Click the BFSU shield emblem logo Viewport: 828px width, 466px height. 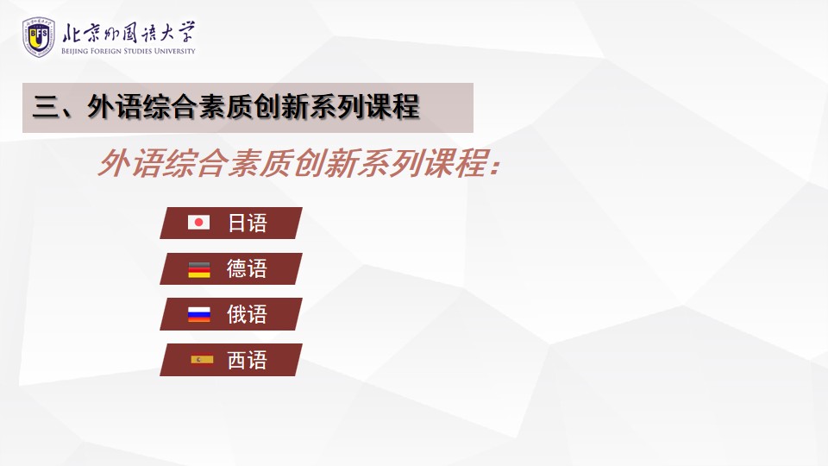pyautogui.click(x=39, y=36)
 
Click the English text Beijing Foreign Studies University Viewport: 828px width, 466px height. pyautogui.click(x=129, y=51)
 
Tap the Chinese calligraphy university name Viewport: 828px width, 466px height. pyautogui.click(x=129, y=33)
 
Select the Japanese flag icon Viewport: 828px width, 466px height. pyautogui.click(x=198, y=223)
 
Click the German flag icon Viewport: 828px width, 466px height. pyautogui.click(x=199, y=269)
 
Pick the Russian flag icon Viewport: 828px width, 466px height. pyautogui.click(x=199, y=314)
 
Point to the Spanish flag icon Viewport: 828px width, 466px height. pyautogui.click(x=202, y=360)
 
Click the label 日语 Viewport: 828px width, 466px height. pyautogui.click(x=248, y=223)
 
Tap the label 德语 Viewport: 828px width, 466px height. pyautogui.click(x=248, y=268)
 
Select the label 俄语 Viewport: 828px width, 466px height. pyautogui.click(x=248, y=314)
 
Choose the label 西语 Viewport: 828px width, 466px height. pyautogui.click(x=248, y=361)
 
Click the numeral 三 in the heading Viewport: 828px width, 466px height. pyautogui.click(x=46, y=107)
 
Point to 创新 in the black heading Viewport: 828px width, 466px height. pyautogui.click(x=281, y=107)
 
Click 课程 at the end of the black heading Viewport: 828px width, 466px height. pyautogui.click(x=393, y=107)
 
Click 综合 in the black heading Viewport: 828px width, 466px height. pyautogui.click(x=171, y=107)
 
